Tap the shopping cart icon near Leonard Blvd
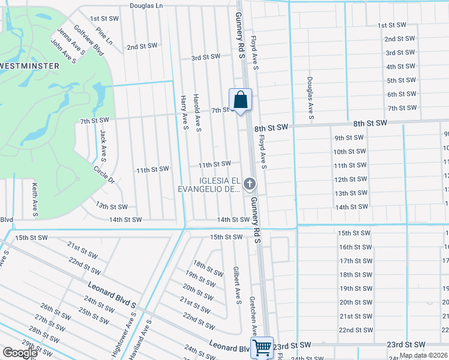pos(262,347)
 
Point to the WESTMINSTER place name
pos(29,65)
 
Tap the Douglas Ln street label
pos(146,5)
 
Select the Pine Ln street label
pos(104,39)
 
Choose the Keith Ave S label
pos(35,199)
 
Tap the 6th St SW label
pos(402,94)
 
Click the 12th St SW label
pos(350,179)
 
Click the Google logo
pos(20,353)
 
